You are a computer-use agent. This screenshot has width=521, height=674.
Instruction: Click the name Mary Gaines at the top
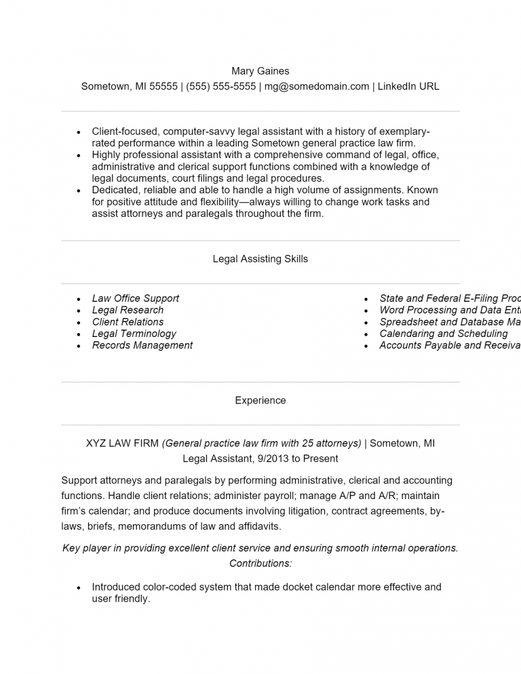(x=260, y=71)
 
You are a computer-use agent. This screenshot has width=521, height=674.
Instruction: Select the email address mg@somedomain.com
(x=317, y=86)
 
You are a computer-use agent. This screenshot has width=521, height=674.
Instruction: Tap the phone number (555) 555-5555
(x=220, y=86)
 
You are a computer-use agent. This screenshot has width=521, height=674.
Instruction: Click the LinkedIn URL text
(x=408, y=86)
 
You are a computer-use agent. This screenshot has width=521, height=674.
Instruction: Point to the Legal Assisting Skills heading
(x=260, y=259)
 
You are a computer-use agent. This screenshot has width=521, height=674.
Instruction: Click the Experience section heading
(x=260, y=401)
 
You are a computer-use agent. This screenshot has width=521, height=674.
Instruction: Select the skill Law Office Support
(x=136, y=298)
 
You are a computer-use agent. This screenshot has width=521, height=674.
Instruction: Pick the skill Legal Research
(x=128, y=310)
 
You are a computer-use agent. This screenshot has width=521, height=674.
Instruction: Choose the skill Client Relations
(x=128, y=322)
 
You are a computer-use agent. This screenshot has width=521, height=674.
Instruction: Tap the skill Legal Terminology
(x=134, y=334)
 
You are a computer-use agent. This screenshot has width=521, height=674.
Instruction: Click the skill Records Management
(x=142, y=345)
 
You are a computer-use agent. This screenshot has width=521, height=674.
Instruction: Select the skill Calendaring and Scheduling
(x=443, y=334)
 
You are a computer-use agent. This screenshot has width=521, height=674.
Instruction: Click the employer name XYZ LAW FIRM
(x=122, y=443)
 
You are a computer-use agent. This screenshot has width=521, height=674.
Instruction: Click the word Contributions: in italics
(x=260, y=563)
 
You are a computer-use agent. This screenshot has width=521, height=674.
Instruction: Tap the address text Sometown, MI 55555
(x=129, y=86)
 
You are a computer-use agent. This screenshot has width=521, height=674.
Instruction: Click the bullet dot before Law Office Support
(x=79, y=299)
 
